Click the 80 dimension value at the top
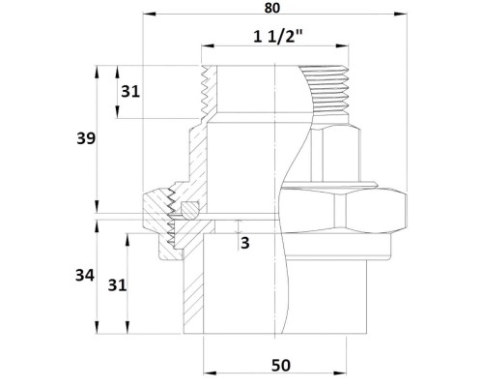[x=272, y=8]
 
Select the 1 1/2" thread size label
[x=278, y=37]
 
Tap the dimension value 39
[x=86, y=138]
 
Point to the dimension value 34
[x=85, y=276]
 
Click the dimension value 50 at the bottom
[x=281, y=366]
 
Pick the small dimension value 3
[x=245, y=243]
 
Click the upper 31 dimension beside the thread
[x=130, y=92]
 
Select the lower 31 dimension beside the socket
[x=117, y=285]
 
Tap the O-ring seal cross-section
[x=189, y=209]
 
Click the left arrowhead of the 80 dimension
[x=149, y=14]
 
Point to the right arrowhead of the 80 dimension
[x=400, y=14]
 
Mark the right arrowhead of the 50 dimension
[x=340, y=373]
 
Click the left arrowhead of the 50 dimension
[x=210, y=373]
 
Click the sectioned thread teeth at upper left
[x=204, y=92]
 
